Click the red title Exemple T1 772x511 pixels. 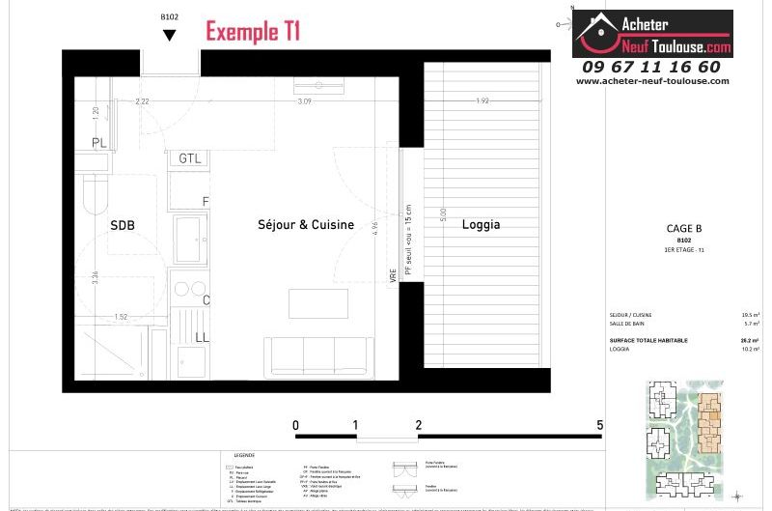coord(253,31)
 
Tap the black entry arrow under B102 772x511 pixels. coord(170,36)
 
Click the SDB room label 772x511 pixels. coord(123,225)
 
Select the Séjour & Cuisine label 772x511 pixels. coord(306,225)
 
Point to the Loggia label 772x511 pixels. coord(481,225)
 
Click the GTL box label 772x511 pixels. coord(189,158)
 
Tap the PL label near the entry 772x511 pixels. coord(99,144)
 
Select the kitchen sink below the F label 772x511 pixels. coord(189,238)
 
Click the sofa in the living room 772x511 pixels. coord(318,356)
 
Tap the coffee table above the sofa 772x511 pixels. coord(317,303)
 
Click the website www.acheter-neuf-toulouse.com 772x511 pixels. coord(650,81)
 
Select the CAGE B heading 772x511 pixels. coord(684,229)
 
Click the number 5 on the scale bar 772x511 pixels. coord(600,425)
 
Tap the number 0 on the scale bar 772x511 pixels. coord(295,425)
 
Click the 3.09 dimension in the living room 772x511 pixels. coord(305,101)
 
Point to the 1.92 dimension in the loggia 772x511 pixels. coord(482,101)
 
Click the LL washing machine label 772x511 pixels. coord(203,337)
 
